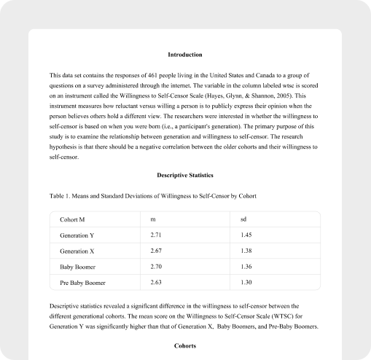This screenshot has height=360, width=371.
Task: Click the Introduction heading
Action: coord(185,55)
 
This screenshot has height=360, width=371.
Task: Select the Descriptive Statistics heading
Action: coord(185,175)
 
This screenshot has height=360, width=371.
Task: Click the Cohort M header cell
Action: coord(74,219)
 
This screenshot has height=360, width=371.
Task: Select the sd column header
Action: coord(243,219)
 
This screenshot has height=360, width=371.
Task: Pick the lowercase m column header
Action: coord(153,219)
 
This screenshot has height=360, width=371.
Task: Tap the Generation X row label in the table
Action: coord(78,251)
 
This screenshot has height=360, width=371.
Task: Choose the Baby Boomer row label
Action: coord(79,266)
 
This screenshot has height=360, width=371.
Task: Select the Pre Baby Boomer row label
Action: coord(84,282)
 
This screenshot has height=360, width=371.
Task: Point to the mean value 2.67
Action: coord(156,250)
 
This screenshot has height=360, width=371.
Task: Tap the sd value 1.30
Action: coord(246,281)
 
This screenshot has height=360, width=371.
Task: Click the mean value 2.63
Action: coord(156,281)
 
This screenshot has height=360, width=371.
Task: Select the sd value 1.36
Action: coord(246,266)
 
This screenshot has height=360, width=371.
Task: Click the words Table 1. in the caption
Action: coord(61,196)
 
